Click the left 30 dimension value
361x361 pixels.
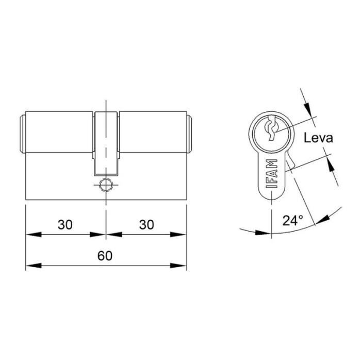tap(64, 225)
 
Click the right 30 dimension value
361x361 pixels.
tap(146, 225)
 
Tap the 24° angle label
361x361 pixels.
tap(292, 221)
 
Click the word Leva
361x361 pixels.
tap(318, 138)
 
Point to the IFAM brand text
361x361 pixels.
tap(273, 176)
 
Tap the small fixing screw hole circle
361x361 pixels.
tap(106, 185)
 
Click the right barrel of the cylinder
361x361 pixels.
tap(152, 133)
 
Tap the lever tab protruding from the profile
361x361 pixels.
tap(289, 163)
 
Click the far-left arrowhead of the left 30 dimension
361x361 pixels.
tap(32, 235)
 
